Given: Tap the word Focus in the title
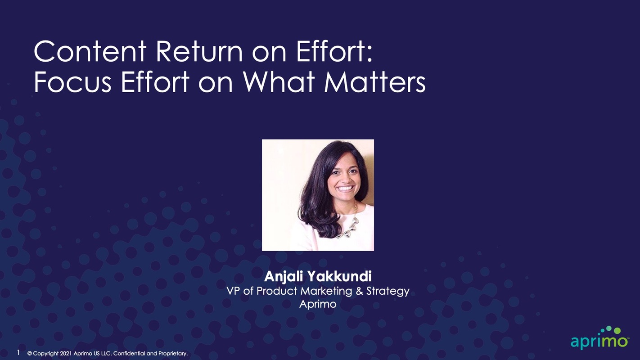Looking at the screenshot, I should (x=72, y=82).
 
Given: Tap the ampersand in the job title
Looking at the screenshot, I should (x=360, y=291).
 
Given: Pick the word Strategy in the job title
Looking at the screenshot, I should (x=388, y=292).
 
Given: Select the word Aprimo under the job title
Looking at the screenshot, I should (x=318, y=304).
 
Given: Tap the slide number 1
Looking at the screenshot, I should (x=18, y=353).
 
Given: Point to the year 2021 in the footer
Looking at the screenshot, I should (x=66, y=354).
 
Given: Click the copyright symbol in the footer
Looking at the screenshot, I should (x=30, y=354).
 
